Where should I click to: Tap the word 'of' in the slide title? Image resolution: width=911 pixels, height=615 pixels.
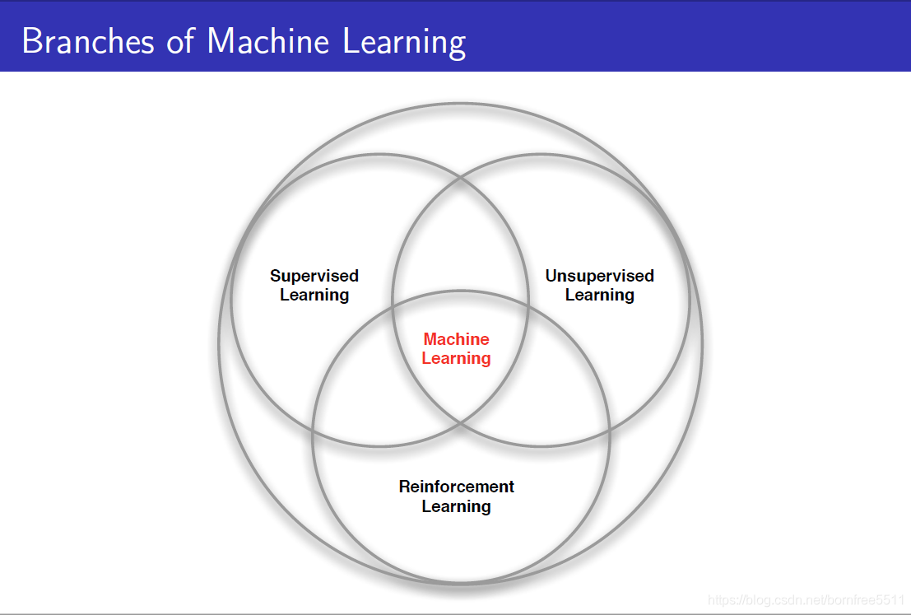click(x=180, y=40)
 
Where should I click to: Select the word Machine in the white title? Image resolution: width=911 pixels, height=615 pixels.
click(x=268, y=40)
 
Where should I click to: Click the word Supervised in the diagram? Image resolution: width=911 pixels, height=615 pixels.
click(x=314, y=276)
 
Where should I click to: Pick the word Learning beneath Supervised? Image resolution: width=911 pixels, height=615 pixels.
click(x=314, y=295)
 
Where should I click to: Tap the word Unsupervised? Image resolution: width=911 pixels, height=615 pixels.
click(x=599, y=276)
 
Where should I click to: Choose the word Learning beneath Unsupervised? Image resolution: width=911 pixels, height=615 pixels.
click(x=599, y=295)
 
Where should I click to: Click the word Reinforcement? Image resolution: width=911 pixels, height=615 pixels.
click(x=457, y=487)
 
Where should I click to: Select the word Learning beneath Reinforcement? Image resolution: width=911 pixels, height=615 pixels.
click(x=457, y=506)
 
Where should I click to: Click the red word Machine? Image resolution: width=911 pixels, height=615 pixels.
click(x=456, y=339)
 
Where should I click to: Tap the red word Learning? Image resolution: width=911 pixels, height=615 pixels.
click(x=456, y=358)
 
